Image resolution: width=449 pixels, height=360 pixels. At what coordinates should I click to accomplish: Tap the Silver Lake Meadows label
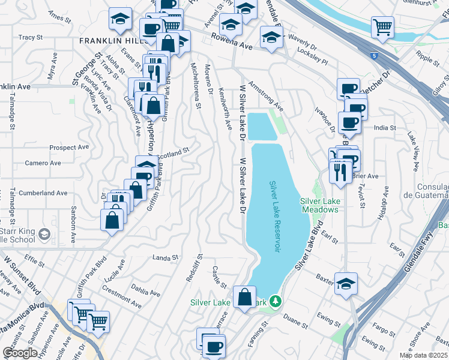click(319, 205)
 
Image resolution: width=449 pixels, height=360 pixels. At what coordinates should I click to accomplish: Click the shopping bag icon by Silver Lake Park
click(245, 297)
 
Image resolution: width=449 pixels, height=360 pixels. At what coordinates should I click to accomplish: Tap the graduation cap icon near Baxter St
click(346, 284)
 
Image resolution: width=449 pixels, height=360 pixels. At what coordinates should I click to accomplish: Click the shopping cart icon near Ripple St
click(382, 26)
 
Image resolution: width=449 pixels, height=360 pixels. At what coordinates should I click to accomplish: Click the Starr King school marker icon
click(44, 233)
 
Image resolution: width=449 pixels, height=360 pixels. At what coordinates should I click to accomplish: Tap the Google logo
click(19, 353)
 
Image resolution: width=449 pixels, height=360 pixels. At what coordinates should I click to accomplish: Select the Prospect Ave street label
click(69, 147)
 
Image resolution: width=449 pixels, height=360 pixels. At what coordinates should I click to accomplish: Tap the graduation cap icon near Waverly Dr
click(271, 37)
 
